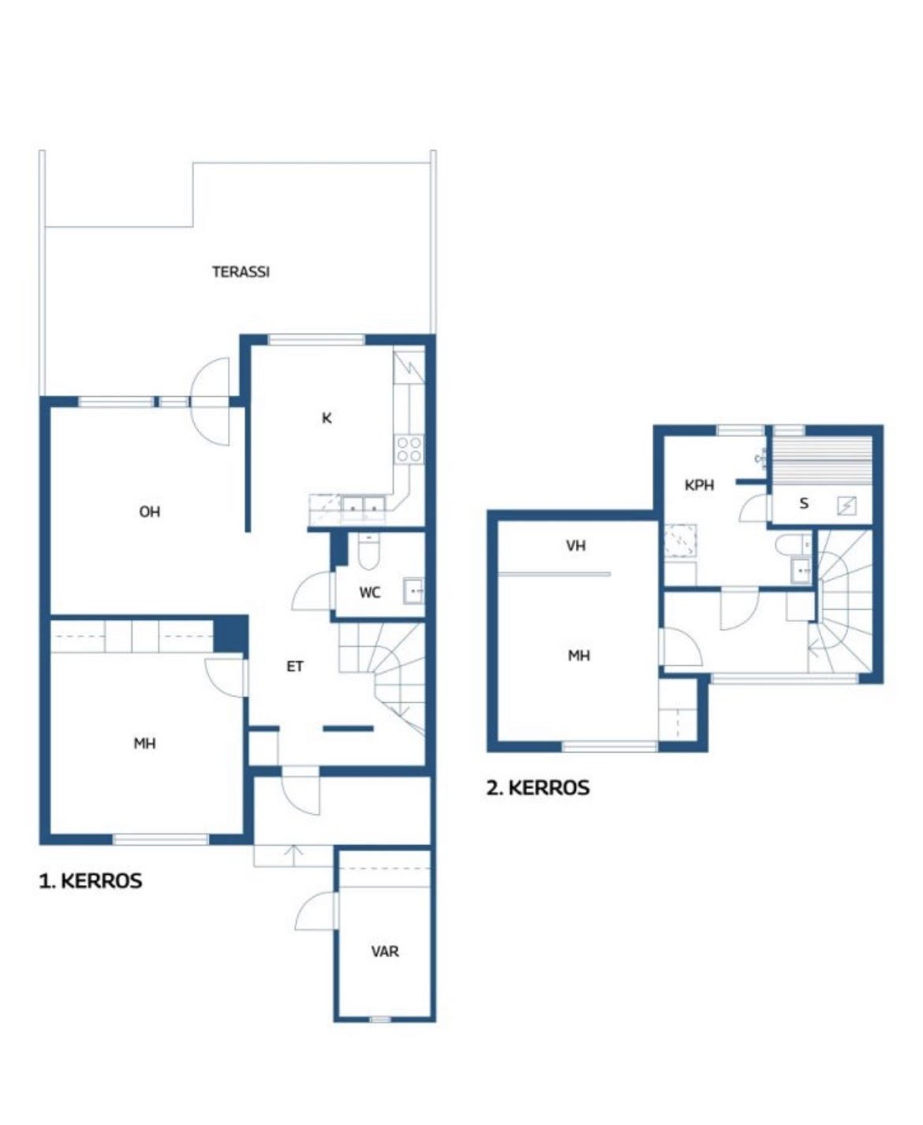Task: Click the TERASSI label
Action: click(241, 272)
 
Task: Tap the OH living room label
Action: click(149, 512)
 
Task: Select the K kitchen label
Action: click(327, 419)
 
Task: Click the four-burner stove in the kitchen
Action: click(409, 449)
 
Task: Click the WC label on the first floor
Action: click(370, 592)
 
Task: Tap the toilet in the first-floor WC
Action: click(368, 552)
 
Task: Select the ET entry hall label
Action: click(295, 667)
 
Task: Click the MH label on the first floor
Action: click(144, 744)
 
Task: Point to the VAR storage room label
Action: click(385, 951)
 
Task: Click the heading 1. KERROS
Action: click(91, 880)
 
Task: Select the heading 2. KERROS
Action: click(538, 788)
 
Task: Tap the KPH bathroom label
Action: click(699, 485)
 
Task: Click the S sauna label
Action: click(804, 503)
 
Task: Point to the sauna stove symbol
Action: click(846, 506)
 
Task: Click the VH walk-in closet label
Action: click(576, 546)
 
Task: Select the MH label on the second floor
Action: click(579, 656)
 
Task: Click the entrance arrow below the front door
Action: click(293, 855)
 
